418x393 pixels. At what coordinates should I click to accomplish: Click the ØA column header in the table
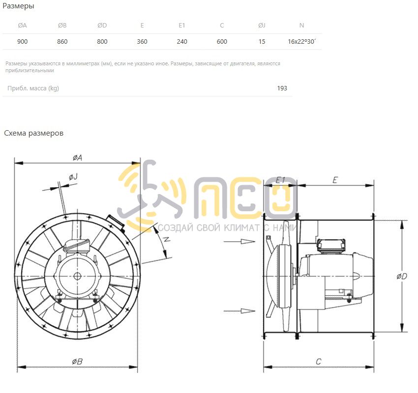(x=23, y=25)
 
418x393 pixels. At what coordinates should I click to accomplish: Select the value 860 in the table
(x=62, y=42)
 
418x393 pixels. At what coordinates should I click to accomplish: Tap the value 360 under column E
(x=142, y=42)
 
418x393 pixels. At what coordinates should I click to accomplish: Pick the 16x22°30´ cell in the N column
(x=302, y=42)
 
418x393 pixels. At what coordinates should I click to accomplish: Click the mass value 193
(x=282, y=88)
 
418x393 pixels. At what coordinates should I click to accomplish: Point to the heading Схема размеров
(x=33, y=133)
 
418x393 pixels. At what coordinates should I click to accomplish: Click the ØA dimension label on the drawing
(x=77, y=158)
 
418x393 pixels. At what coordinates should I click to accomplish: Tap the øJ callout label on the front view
(x=73, y=176)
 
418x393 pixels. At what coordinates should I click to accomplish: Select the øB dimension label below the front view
(x=77, y=362)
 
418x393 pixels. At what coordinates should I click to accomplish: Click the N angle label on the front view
(x=167, y=239)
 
